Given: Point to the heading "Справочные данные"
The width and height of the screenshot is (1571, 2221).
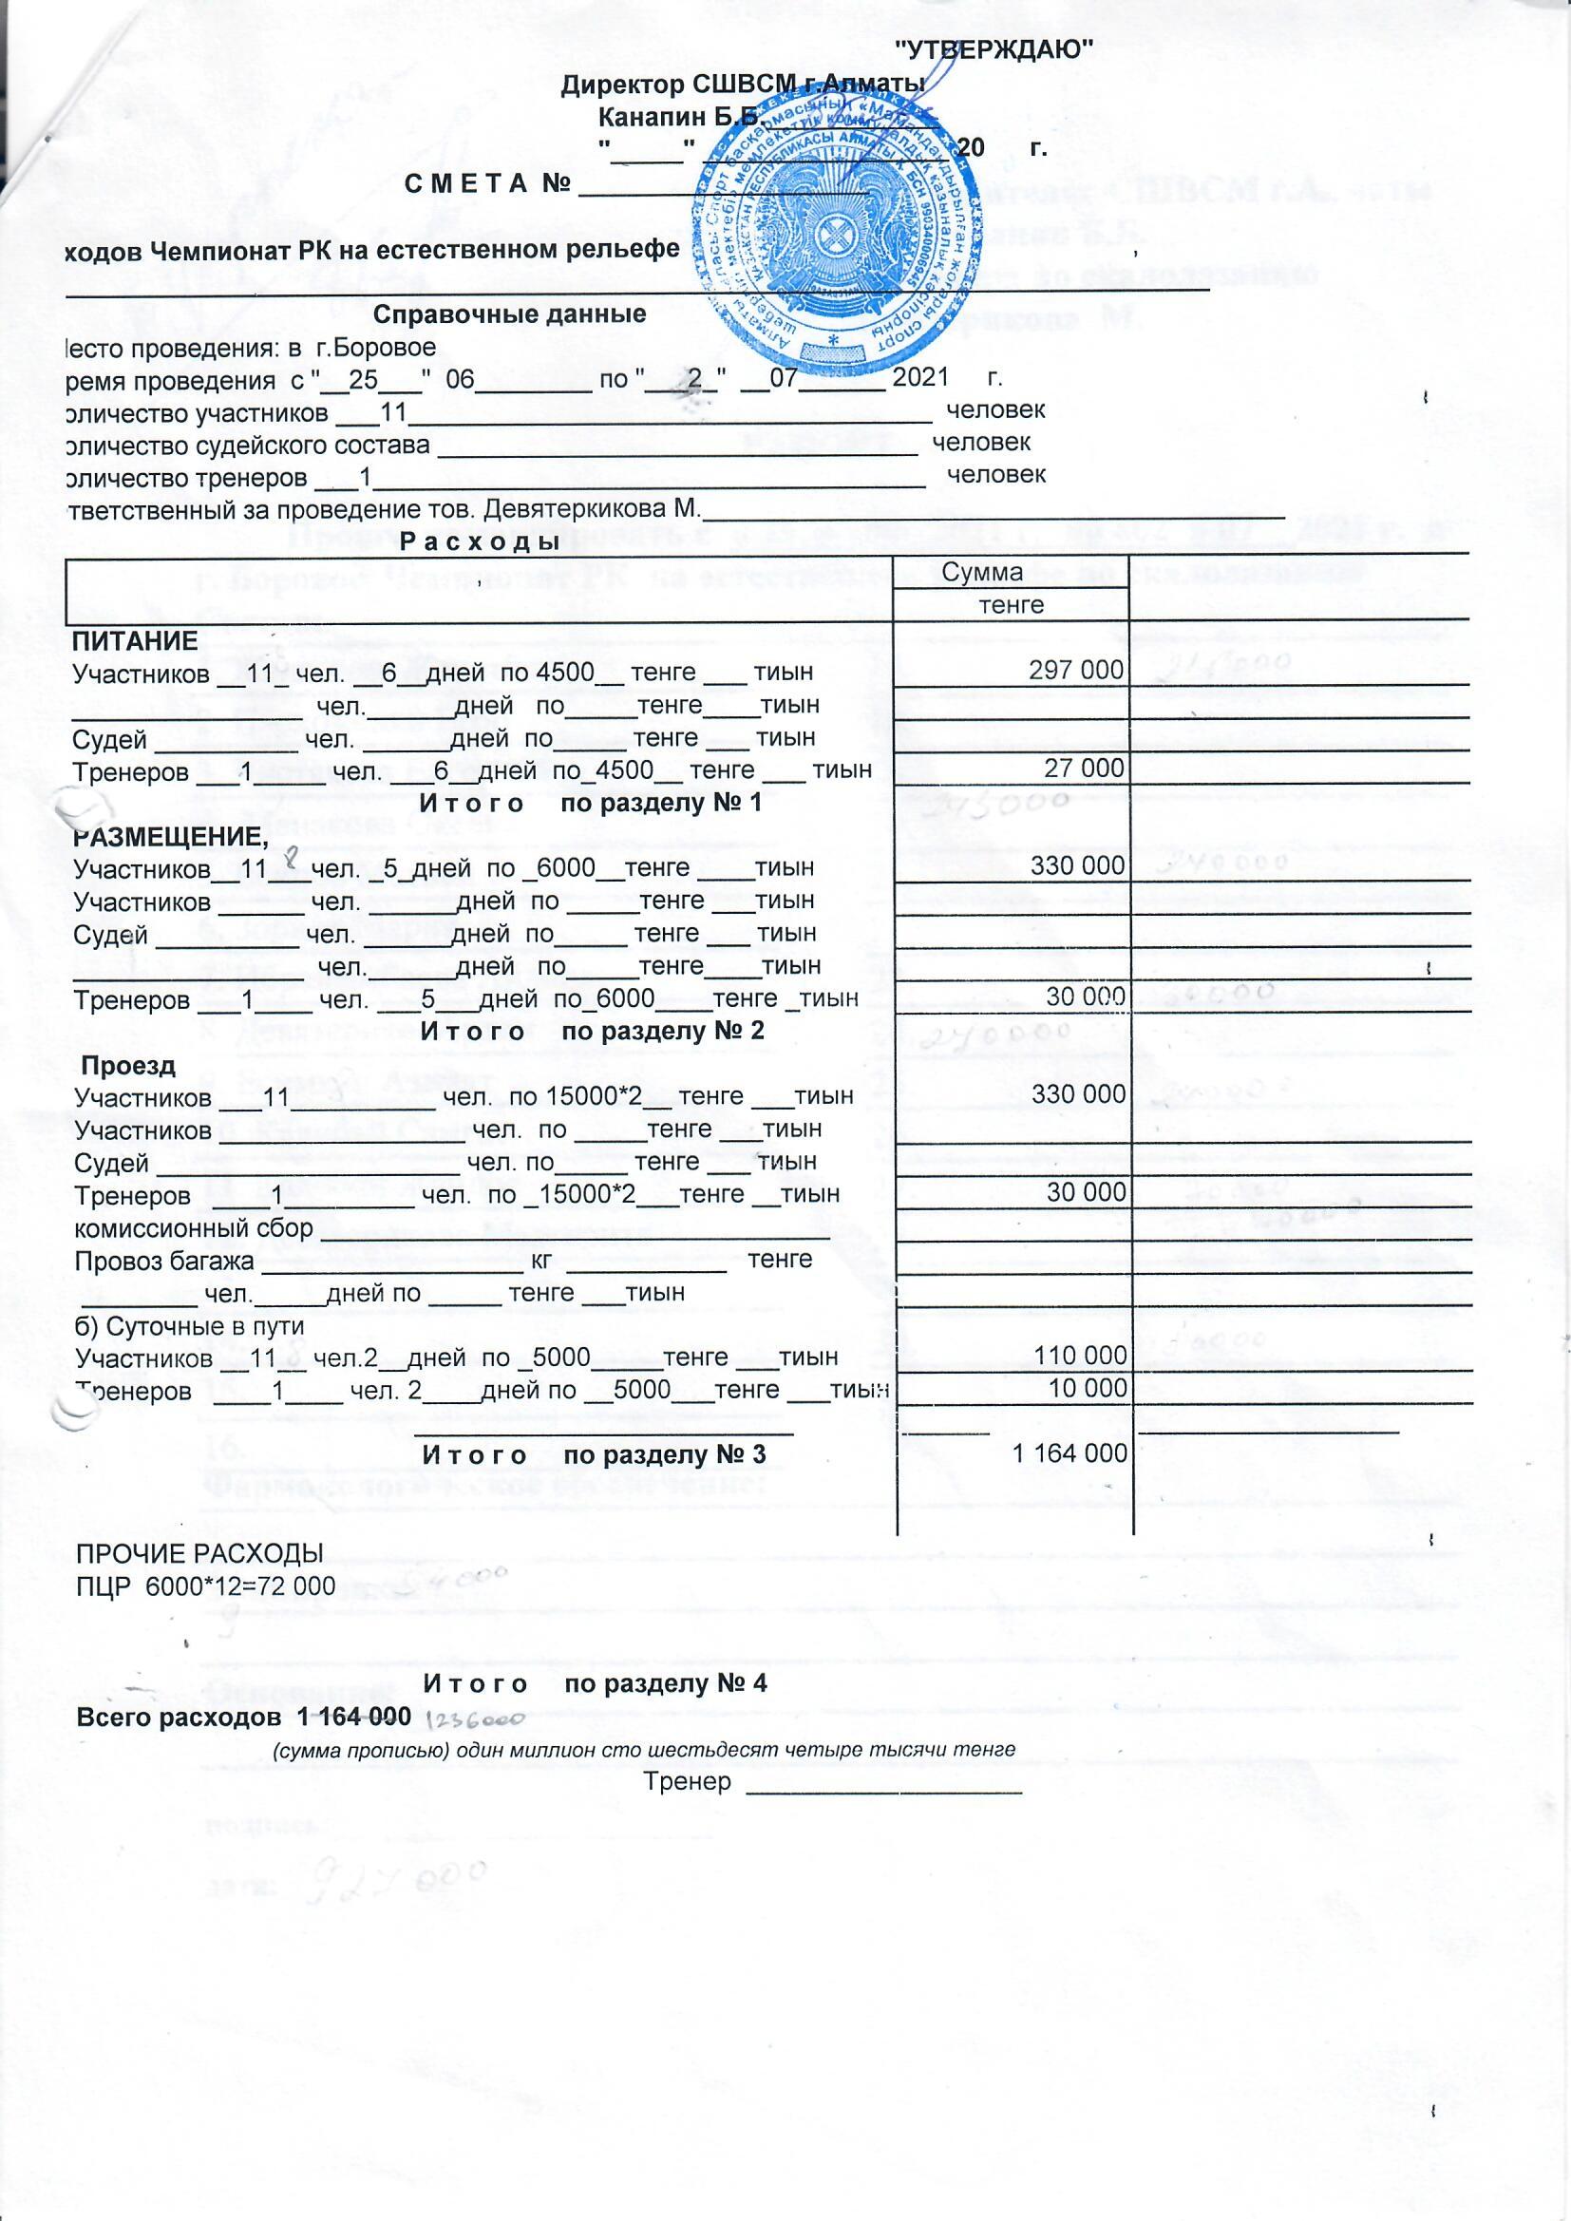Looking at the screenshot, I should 509,315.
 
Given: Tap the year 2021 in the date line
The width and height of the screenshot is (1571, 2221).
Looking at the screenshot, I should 919,378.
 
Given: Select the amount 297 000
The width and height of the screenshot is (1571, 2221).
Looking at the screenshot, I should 1077,671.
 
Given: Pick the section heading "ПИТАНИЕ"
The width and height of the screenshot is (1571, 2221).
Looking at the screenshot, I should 137,640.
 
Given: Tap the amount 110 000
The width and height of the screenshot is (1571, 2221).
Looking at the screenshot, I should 1081,1356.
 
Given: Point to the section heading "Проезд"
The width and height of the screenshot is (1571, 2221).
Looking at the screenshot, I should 127,1066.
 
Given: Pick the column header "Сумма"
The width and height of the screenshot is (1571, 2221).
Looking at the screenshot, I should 982,572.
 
